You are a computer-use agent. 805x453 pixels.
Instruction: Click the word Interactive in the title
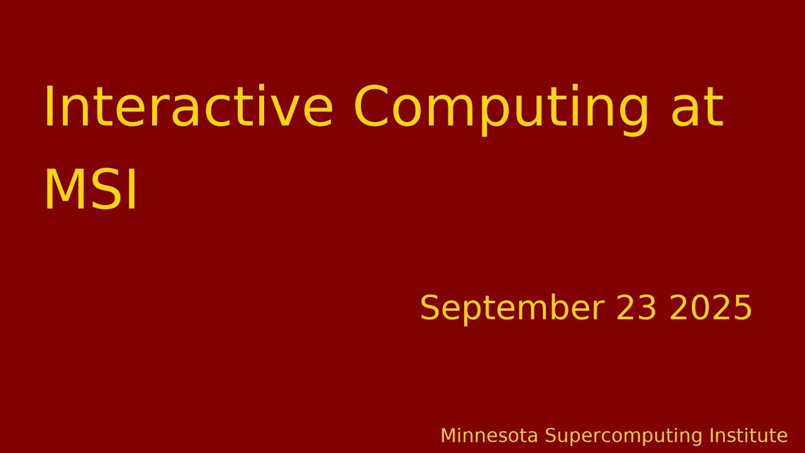pyautogui.click(x=187, y=108)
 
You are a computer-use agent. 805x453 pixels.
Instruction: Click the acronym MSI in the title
pyautogui.click(x=90, y=190)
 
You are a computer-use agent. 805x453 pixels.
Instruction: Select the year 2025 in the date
pyautogui.click(x=711, y=308)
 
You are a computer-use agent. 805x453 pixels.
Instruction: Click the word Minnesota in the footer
pyautogui.click(x=489, y=435)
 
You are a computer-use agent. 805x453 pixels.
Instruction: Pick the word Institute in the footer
pyautogui.click(x=748, y=435)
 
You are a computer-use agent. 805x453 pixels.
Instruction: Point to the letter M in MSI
pyautogui.click(x=65, y=190)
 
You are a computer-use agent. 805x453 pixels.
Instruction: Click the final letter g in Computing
pyautogui.click(x=630, y=111)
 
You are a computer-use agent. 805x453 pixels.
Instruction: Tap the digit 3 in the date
pyautogui.click(x=647, y=308)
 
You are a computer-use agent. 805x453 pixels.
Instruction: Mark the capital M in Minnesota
pyautogui.click(x=447, y=435)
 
